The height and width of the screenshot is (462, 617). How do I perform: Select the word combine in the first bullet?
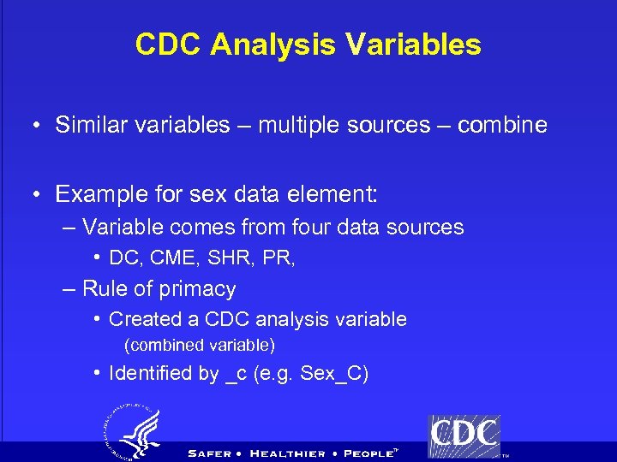point(502,125)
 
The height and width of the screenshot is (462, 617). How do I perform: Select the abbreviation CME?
point(174,258)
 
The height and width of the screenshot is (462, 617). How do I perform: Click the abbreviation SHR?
point(230,258)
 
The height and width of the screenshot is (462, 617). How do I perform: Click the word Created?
point(141,320)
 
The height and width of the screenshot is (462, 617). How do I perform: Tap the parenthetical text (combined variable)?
point(200,346)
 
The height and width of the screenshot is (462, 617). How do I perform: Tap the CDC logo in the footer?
point(464,435)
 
